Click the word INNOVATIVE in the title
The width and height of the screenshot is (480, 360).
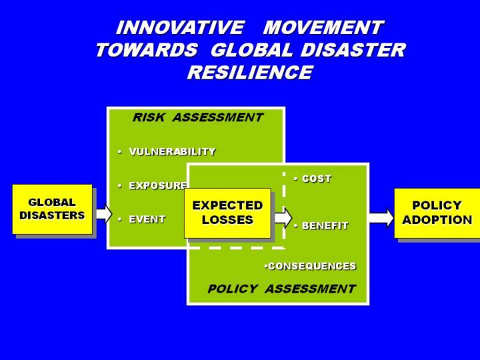(x=179, y=28)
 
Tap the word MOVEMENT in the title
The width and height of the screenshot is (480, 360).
(x=323, y=28)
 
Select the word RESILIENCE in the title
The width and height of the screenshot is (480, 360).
(x=249, y=73)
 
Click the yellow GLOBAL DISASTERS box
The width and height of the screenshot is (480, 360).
(x=52, y=209)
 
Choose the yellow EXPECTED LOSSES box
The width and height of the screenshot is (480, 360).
(x=227, y=213)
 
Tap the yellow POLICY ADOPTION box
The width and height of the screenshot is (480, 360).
(x=437, y=213)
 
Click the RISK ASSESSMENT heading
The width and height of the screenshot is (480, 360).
(x=197, y=117)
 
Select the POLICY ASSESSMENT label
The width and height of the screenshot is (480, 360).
(x=281, y=289)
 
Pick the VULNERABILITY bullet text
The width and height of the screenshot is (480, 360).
(x=172, y=151)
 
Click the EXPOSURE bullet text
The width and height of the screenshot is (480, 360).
(x=157, y=185)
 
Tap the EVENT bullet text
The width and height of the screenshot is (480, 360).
(x=147, y=219)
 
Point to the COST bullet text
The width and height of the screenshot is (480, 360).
(x=316, y=179)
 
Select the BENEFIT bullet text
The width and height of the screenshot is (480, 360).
(x=325, y=225)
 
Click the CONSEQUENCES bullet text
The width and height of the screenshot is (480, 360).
(x=311, y=266)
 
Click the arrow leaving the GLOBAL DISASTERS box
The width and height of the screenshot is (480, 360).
(x=103, y=213)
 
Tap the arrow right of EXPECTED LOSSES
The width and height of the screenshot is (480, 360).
(x=283, y=217)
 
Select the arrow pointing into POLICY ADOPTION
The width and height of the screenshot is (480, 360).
(x=381, y=217)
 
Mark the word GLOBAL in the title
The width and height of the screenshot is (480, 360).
(x=254, y=51)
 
